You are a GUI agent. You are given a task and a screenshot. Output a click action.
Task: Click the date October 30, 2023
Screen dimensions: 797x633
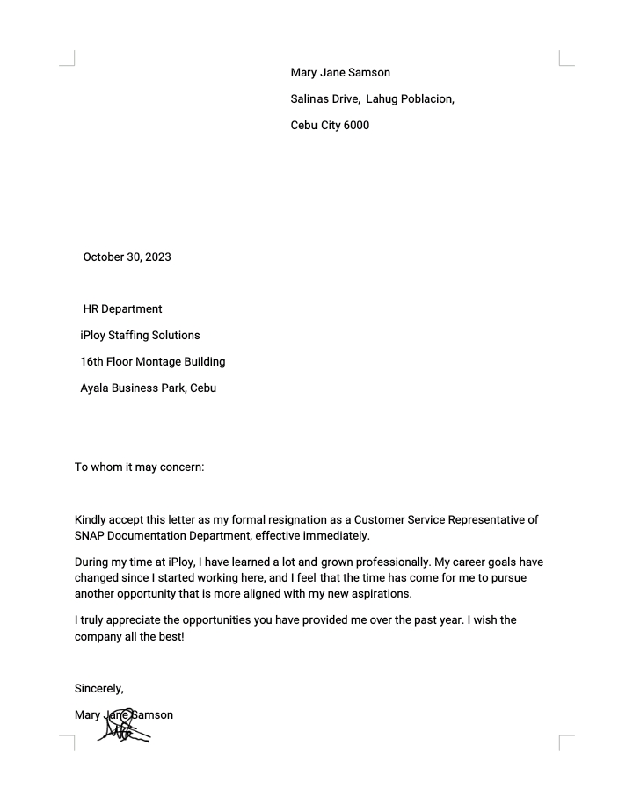[x=127, y=257]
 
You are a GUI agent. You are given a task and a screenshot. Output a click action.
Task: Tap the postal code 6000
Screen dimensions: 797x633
[x=356, y=125]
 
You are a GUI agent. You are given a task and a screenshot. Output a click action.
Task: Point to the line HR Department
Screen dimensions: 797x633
[x=122, y=309]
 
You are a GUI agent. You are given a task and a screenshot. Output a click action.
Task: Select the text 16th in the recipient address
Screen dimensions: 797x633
[x=91, y=362]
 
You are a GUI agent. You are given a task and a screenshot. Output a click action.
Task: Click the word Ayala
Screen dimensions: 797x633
[x=95, y=388]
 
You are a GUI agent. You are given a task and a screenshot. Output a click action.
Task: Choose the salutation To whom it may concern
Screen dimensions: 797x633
[x=139, y=467]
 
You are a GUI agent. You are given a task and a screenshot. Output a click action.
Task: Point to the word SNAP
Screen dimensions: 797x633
[x=91, y=535]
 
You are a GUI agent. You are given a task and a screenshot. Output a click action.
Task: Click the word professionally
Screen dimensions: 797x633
[x=389, y=562]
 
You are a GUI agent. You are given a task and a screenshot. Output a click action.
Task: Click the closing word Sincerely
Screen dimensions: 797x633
[x=98, y=688]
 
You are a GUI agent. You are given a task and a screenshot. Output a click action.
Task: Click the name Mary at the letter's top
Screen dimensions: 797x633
[x=303, y=72]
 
